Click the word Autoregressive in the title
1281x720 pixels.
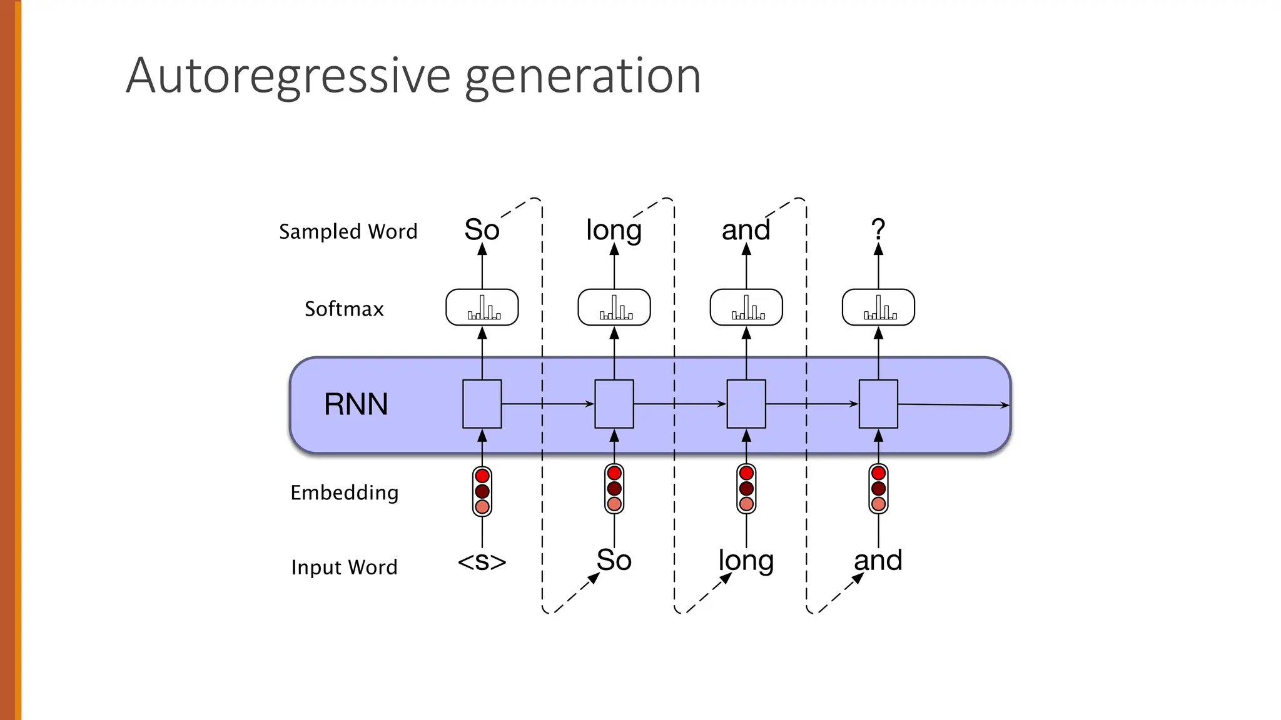(288, 76)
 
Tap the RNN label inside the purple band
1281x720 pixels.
(356, 404)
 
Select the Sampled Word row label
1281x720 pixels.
(348, 231)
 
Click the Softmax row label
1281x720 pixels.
(344, 309)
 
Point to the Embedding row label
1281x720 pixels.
(344, 492)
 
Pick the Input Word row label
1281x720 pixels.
(344, 567)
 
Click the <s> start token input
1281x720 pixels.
(482, 561)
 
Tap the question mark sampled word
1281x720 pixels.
(878, 229)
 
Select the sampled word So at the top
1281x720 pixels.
(482, 229)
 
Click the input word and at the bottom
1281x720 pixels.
(878, 560)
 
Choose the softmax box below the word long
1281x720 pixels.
(614, 307)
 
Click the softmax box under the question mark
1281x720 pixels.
(878, 307)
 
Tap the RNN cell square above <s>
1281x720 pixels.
(482, 404)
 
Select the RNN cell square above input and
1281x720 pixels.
(878, 404)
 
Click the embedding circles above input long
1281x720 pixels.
(746, 488)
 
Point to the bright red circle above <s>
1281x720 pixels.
(482, 476)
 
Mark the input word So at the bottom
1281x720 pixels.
(614, 560)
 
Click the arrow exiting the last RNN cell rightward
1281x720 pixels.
(954, 405)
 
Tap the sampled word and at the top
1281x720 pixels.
(746, 229)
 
